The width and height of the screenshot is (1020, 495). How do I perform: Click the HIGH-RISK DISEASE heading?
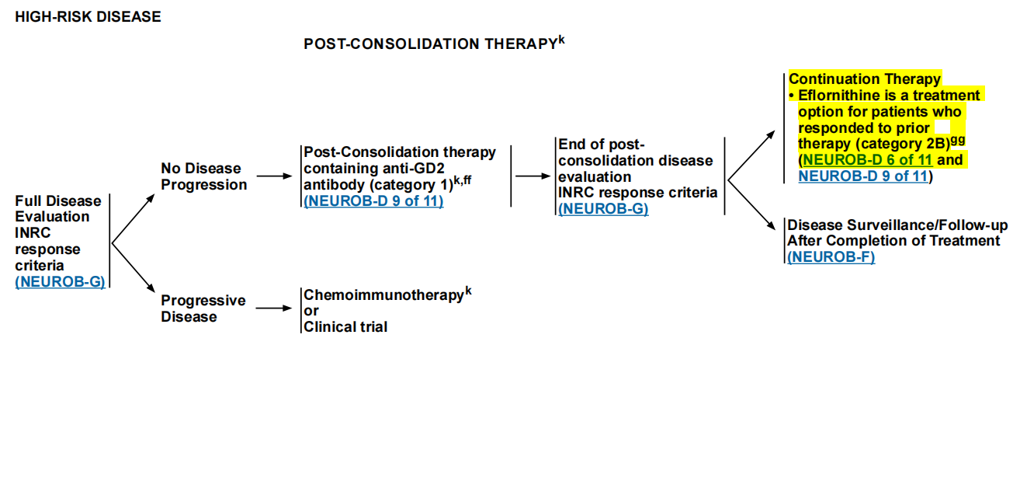88,17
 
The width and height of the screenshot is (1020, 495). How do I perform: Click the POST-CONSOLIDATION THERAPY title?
434,43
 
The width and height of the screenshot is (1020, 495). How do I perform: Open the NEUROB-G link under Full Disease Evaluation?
60,281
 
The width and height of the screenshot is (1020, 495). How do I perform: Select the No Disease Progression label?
204,176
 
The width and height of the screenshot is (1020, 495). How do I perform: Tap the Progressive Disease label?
203,309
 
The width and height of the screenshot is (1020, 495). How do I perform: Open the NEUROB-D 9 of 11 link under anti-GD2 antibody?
373,201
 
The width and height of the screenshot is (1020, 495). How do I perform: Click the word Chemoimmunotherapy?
383,295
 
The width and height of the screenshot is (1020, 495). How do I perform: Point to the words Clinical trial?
345,327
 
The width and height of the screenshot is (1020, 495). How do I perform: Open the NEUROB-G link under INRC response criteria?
603,209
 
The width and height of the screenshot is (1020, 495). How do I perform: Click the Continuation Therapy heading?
865,78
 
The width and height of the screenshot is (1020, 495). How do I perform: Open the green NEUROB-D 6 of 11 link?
868,160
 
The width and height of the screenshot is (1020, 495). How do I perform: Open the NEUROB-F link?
831,257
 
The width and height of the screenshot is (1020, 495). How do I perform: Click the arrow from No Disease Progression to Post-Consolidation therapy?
274,176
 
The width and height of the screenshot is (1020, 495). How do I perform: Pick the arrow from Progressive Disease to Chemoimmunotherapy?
274,309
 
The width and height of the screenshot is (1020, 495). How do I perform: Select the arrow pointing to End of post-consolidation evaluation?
533,176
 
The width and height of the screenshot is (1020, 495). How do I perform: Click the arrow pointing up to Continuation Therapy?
751,155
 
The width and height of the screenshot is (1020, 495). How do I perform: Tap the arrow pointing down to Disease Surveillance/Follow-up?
751,204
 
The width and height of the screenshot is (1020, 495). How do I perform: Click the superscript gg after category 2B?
958,140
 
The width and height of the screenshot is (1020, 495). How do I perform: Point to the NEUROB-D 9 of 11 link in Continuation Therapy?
863,176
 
